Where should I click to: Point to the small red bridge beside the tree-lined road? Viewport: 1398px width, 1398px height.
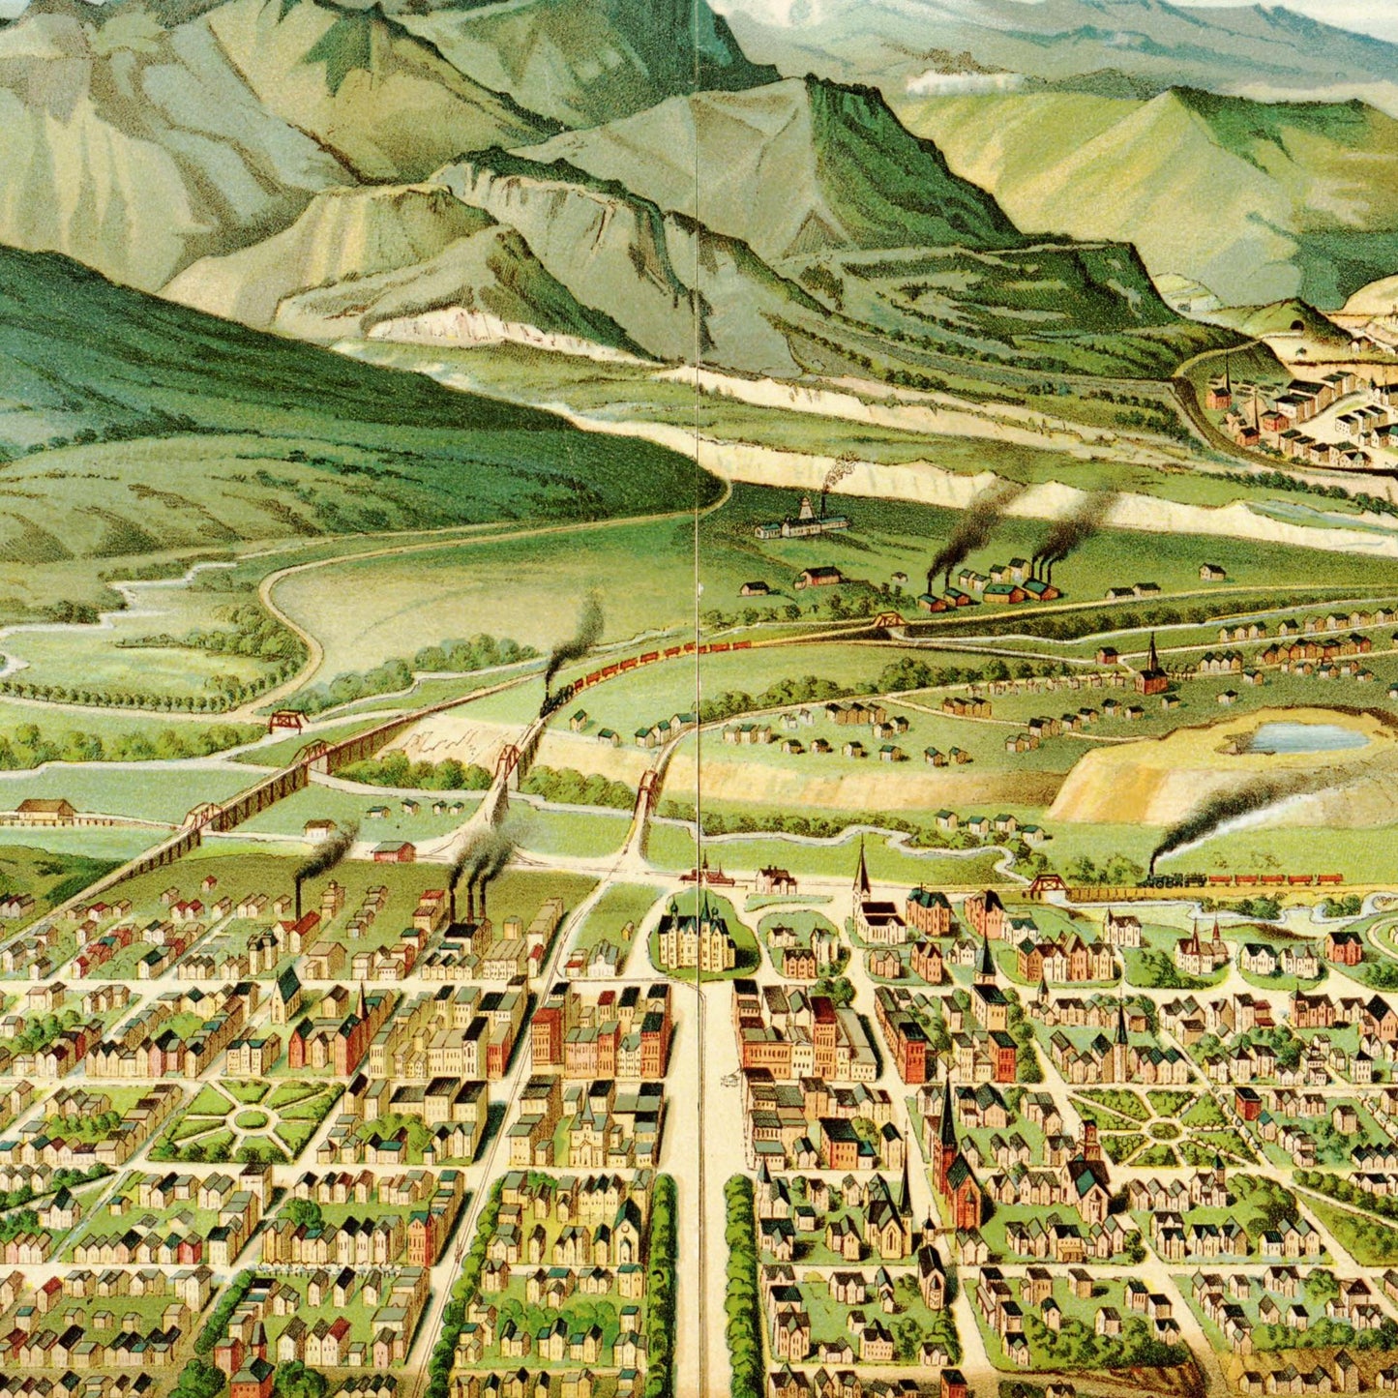(x=287, y=721)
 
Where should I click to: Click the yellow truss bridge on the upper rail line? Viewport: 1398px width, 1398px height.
(x=887, y=621)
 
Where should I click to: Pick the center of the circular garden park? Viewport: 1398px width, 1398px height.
(x=251, y=1118)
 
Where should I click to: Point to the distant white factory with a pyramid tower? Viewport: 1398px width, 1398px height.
(x=803, y=522)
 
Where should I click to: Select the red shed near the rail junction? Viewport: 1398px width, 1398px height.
(x=393, y=851)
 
